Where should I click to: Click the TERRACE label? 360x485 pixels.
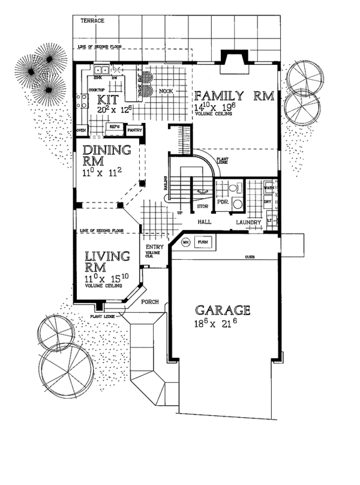click(x=92, y=20)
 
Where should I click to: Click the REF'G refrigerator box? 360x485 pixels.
click(x=114, y=127)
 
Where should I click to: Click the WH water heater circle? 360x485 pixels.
click(x=185, y=242)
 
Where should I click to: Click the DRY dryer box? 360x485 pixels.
click(x=269, y=203)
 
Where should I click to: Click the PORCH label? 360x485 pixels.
click(x=149, y=302)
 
